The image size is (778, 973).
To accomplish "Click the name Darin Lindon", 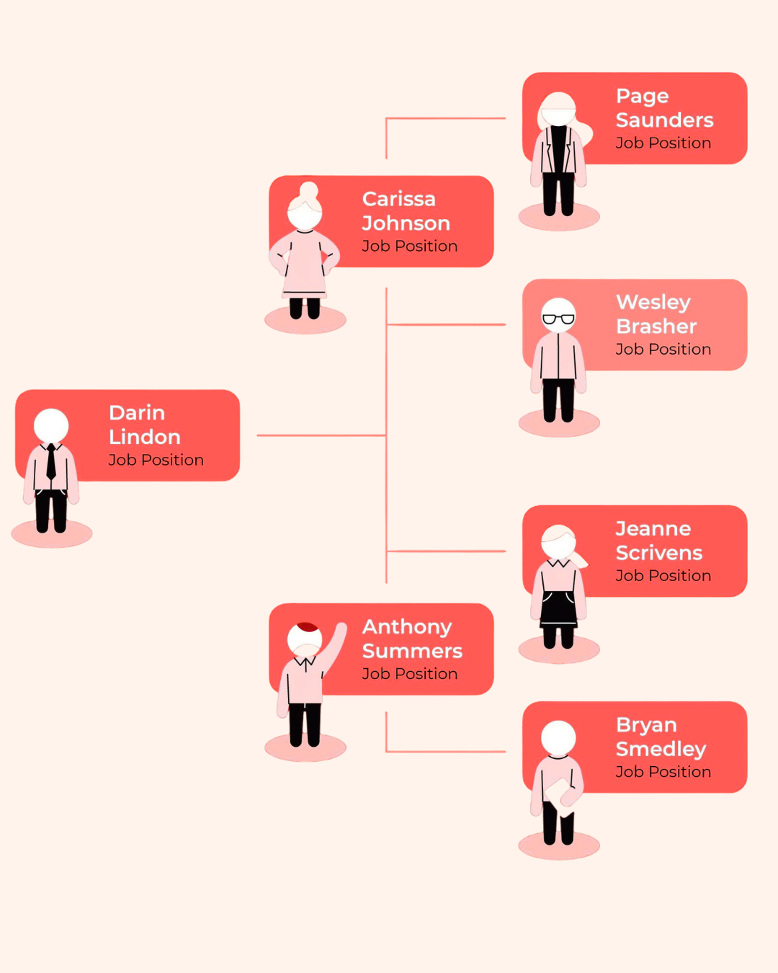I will click(144, 425).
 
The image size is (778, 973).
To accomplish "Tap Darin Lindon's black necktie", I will click(51, 462).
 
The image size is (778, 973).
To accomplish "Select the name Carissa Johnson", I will click(406, 210).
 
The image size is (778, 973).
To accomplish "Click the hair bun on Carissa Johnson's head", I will click(309, 190).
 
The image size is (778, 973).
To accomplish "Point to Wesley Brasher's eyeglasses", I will click(558, 319).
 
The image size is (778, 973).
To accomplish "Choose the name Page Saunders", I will click(664, 107).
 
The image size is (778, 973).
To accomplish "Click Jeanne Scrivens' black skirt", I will click(559, 610).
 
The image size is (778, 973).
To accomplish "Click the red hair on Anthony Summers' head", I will click(308, 627).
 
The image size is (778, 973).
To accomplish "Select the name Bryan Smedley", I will click(661, 737).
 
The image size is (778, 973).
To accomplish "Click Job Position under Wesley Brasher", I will click(663, 350).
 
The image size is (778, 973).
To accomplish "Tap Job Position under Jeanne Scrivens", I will click(663, 576).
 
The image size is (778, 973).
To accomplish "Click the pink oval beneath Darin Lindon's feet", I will click(52, 535).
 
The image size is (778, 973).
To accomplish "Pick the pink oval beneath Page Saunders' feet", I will click(559, 217).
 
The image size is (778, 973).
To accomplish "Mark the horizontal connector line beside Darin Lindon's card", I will click(321, 435).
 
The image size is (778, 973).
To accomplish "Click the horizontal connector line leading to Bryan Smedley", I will click(447, 752).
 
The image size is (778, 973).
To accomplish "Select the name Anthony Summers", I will click(411, 639).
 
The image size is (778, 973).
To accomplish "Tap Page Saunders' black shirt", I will click(558, 148).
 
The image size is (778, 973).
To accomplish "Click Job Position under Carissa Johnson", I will click(409, 246).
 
